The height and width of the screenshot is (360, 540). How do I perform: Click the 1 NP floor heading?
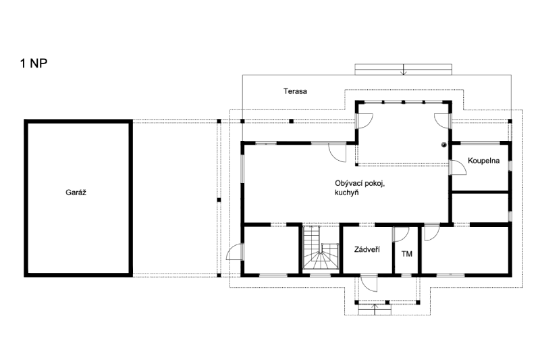pos(34,63)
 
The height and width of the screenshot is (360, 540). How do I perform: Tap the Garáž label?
pos(76,192)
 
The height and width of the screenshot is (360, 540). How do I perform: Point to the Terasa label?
pos(295,91)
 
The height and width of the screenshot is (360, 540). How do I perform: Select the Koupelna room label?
pos(483,161)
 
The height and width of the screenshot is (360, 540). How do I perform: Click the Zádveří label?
pos(367,249)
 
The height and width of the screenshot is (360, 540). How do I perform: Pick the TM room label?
pos(407,254)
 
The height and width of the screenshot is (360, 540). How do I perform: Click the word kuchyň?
pos(346,192)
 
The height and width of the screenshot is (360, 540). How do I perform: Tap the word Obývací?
pos(348,184)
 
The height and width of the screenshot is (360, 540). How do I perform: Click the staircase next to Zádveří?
pos(321,247)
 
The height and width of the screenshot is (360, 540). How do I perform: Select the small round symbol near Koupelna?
pos(444,145)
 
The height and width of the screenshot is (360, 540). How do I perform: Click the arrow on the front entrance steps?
pos(375,309)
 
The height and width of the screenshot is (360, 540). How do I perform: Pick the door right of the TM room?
pos(431,234)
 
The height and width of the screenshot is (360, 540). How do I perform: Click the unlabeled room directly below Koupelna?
pos(480,207)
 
